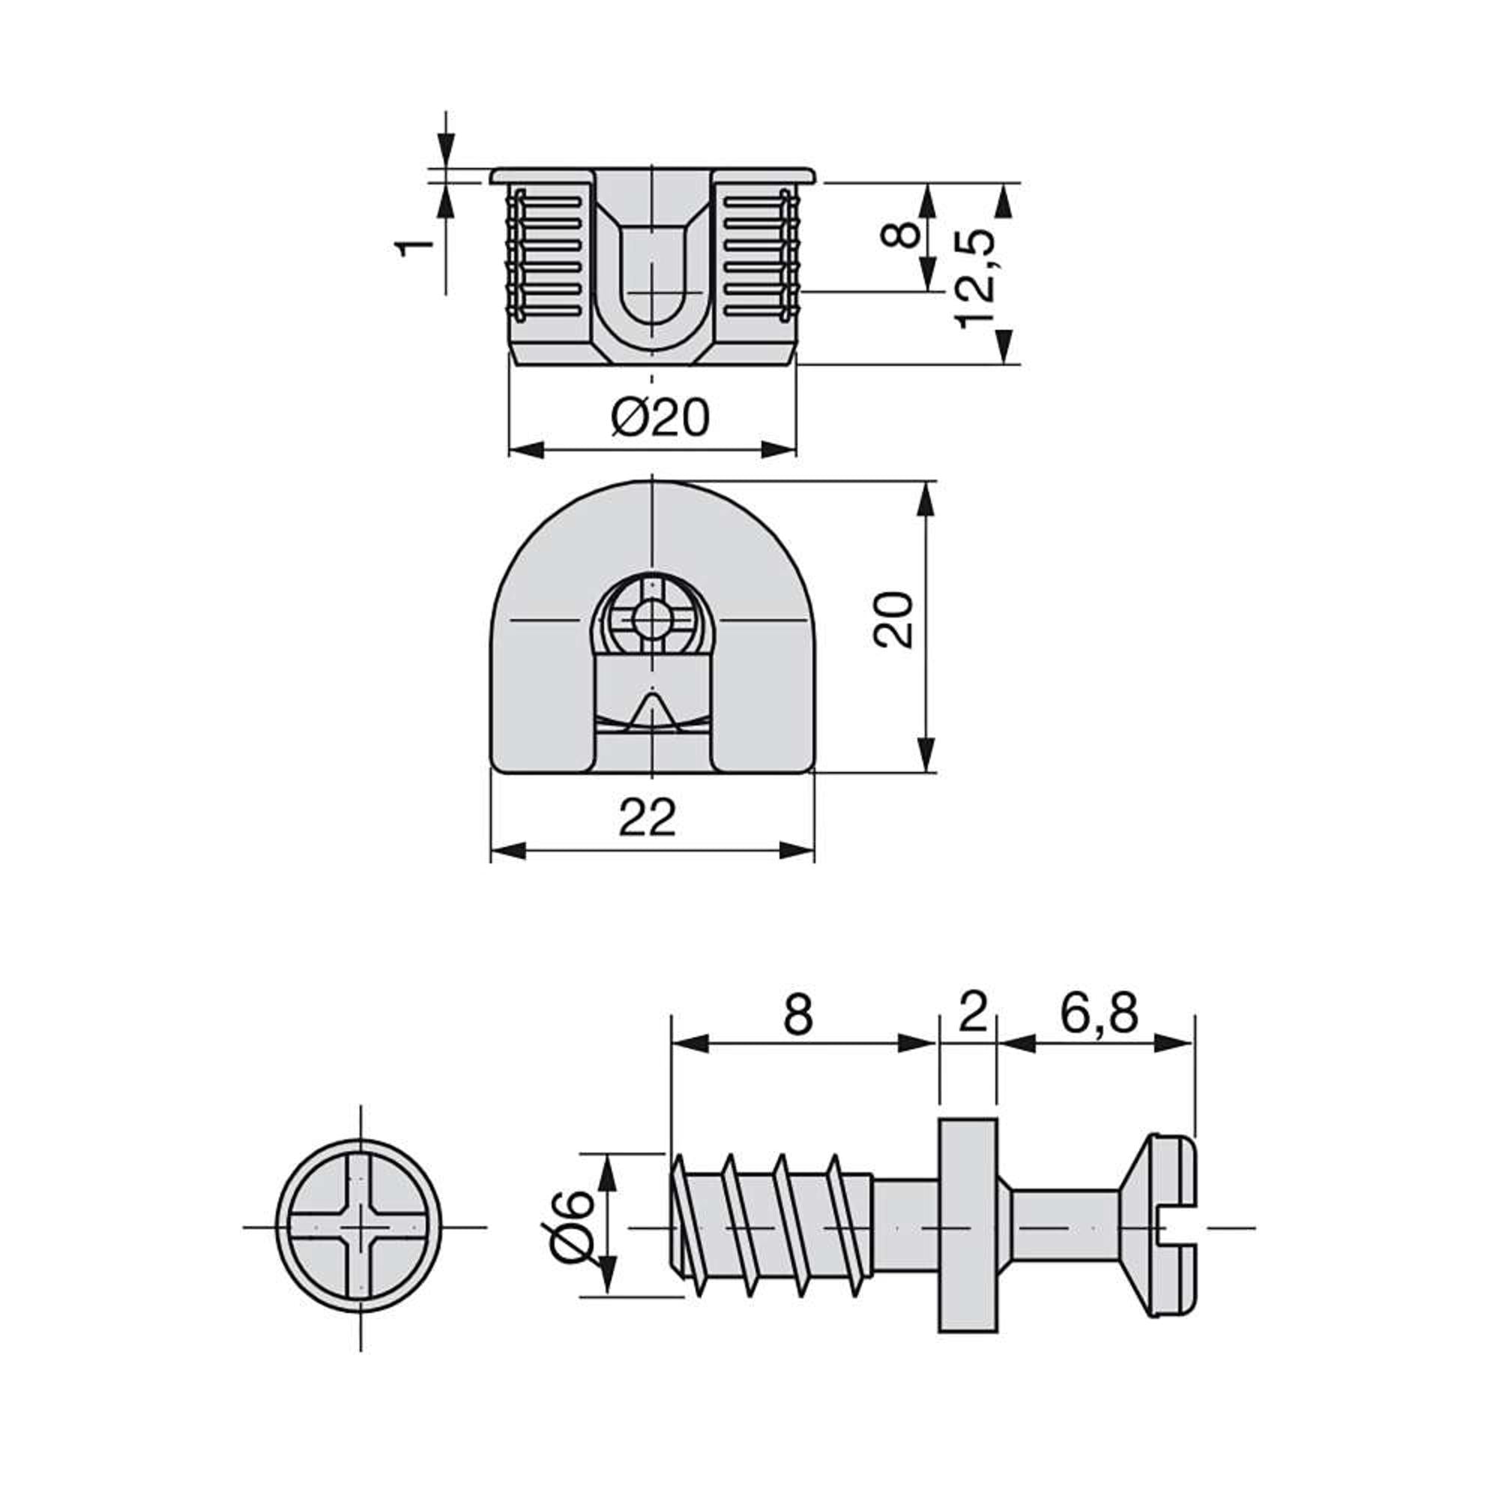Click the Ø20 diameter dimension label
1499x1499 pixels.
click(x=660, y=418)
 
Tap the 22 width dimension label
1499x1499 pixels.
click(x=648, y=817)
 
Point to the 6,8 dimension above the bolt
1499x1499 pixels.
click(x=1099, y=1014)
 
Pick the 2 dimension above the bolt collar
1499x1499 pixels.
click(x=971, y=1014)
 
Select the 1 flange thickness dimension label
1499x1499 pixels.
click(x=414, y=246)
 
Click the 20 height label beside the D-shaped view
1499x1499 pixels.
click(x=893, y=620)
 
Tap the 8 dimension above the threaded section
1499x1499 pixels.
click(x=798, y=1014)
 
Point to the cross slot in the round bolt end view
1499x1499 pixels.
click(x=360, y=1228)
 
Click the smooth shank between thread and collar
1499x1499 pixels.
click(x=905, y=1228)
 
